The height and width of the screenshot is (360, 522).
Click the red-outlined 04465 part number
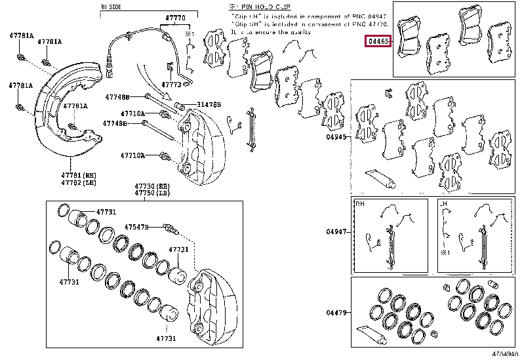point(379,41)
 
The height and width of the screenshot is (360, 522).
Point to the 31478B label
point(209,105)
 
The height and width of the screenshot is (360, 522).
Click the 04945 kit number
point(335,138)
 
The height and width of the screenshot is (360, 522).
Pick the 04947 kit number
point(335,231)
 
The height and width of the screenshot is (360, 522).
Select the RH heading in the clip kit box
point(360,204)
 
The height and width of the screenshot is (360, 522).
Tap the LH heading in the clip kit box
point(443,204)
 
